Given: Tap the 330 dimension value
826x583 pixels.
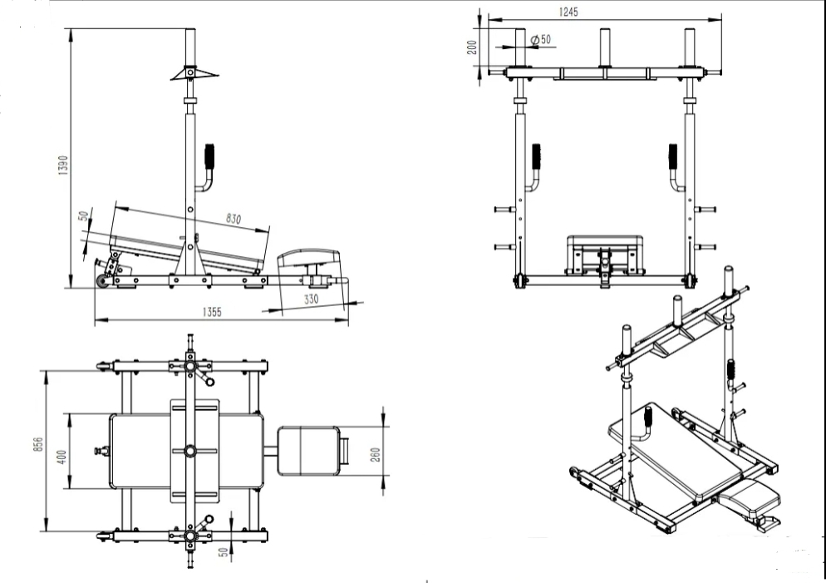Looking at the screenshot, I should (x=310, y=297).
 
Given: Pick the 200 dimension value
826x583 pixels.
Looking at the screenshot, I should (x=473, y=47).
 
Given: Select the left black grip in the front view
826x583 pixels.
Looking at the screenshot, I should (x=536, y=156).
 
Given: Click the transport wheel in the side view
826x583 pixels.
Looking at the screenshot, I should (x=103, y=283).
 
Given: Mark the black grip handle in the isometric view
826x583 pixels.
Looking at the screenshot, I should (x=732, y=368).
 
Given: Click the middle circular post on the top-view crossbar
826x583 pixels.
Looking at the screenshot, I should (x=192, y=450).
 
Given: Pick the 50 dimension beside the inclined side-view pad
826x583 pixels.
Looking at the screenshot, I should (x=83, y=216).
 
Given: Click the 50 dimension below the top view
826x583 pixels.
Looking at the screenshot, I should (x=222, y=553).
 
